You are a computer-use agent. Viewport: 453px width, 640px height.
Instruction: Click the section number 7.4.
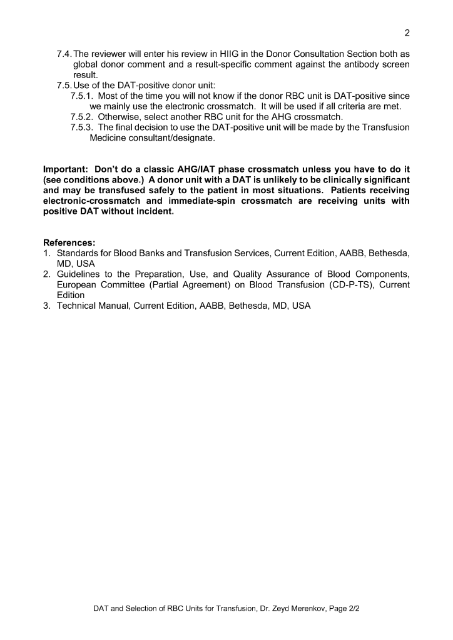[64, 54]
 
